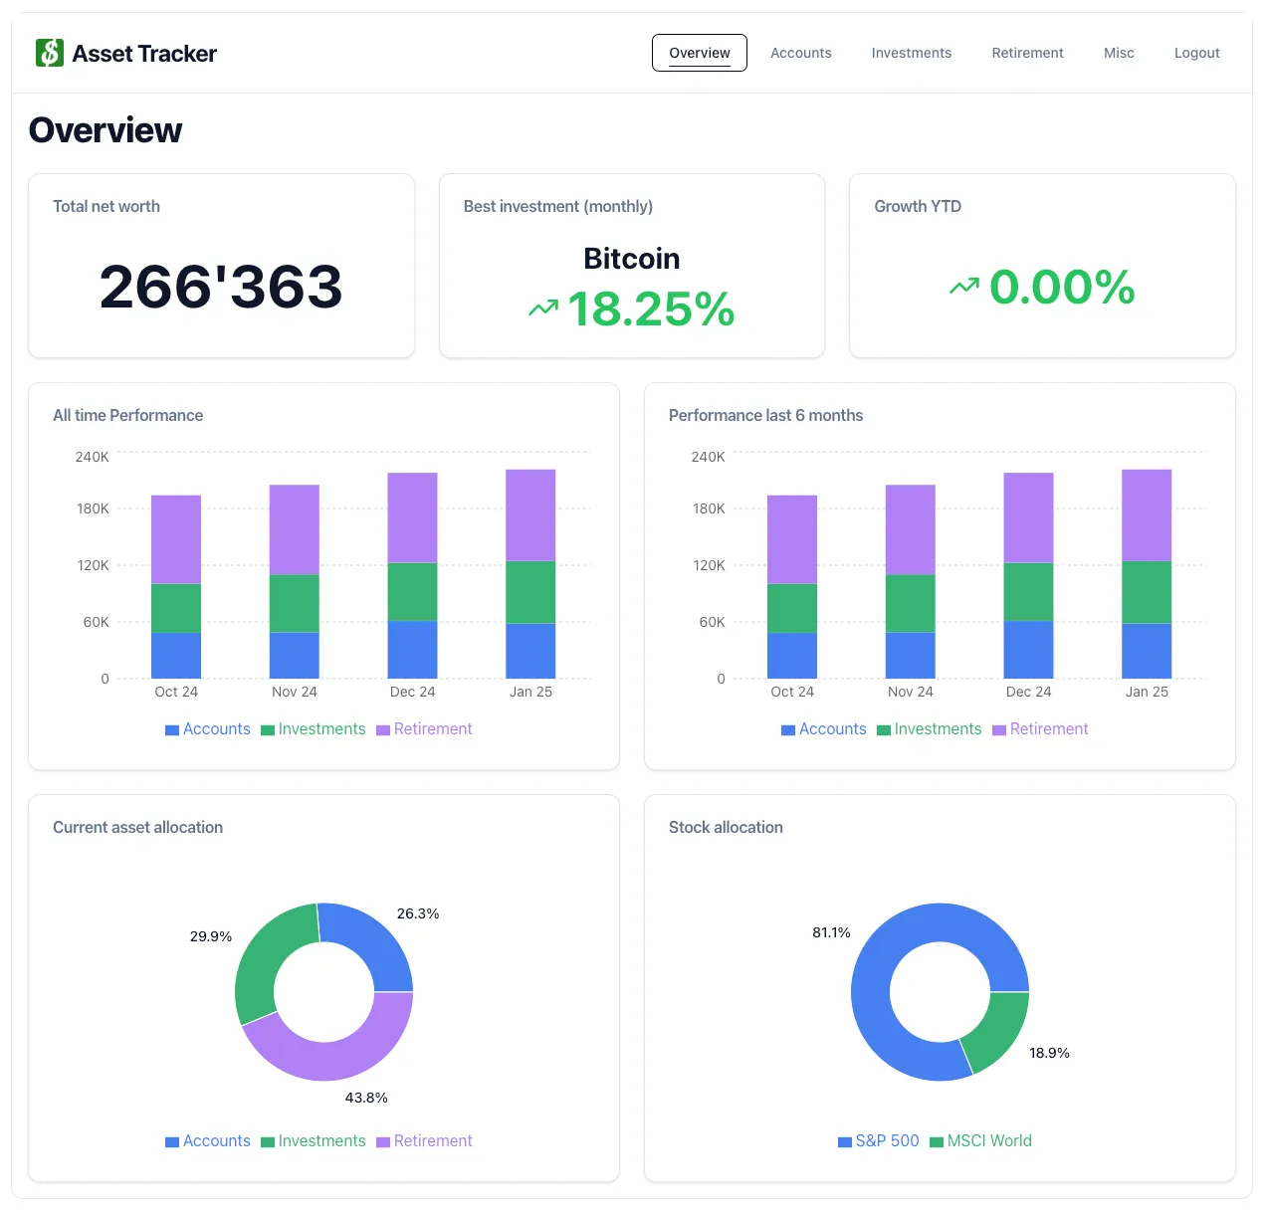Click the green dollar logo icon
pos(50,53)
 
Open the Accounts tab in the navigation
pos(800,53)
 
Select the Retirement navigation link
pos(1027,53)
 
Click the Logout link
pos(1196,53)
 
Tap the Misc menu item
pos(1119,53)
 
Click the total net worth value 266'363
pos(221,287)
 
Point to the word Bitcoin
pos(631,259)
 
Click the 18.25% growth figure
pos(650,309)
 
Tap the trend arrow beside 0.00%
pos(963,288)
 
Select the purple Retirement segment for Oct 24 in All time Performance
pos(176,538)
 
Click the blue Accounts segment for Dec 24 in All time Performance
pos(412,649)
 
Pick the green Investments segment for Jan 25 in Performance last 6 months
pos(1147,592)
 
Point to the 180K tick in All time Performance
pos(93,508)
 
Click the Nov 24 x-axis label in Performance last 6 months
pos(910,692)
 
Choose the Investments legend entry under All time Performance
pos(313,729)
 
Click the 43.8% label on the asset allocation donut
pos(366,1098)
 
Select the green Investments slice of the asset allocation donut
pos(267,955)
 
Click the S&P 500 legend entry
pos(878,1141)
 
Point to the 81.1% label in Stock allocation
pos(831,932)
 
